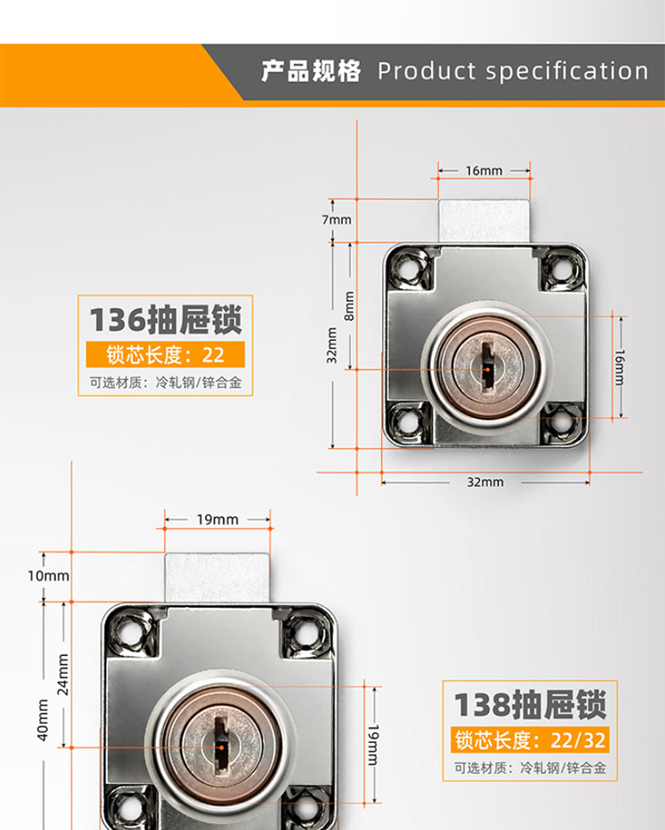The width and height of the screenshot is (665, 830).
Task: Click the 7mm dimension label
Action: [x=337, y=219]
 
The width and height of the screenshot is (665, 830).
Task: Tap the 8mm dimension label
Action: [x=349, y=306]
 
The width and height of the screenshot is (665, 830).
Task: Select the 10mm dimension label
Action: [x=49, y=576]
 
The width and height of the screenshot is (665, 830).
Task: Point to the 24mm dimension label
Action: [x=64, y=675]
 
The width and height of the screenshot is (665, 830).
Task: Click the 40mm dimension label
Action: [x=43, y=720]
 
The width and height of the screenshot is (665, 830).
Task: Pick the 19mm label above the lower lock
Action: [x=217, y=520]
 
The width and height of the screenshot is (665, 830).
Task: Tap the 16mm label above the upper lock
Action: [x=484, y=170]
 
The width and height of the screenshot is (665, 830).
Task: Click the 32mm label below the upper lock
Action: [x=485, y=482]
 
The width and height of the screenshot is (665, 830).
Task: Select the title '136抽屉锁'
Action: [x=166, y=320]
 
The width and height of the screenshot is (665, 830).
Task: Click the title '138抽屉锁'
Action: [x=530, y=705]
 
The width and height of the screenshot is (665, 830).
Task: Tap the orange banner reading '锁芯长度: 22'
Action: [x=166, y=355]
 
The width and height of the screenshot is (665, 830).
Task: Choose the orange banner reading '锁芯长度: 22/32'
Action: [x=530, y=740]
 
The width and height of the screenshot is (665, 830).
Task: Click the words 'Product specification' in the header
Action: [x=512, y=72]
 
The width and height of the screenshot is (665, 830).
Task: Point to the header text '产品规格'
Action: [x=311, y=72]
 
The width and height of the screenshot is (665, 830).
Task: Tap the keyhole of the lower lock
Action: [x=222, y=747]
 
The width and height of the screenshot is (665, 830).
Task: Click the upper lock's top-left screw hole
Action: [x=408, y=268]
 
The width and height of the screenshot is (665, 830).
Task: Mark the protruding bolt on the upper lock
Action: [x=484, y=221]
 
